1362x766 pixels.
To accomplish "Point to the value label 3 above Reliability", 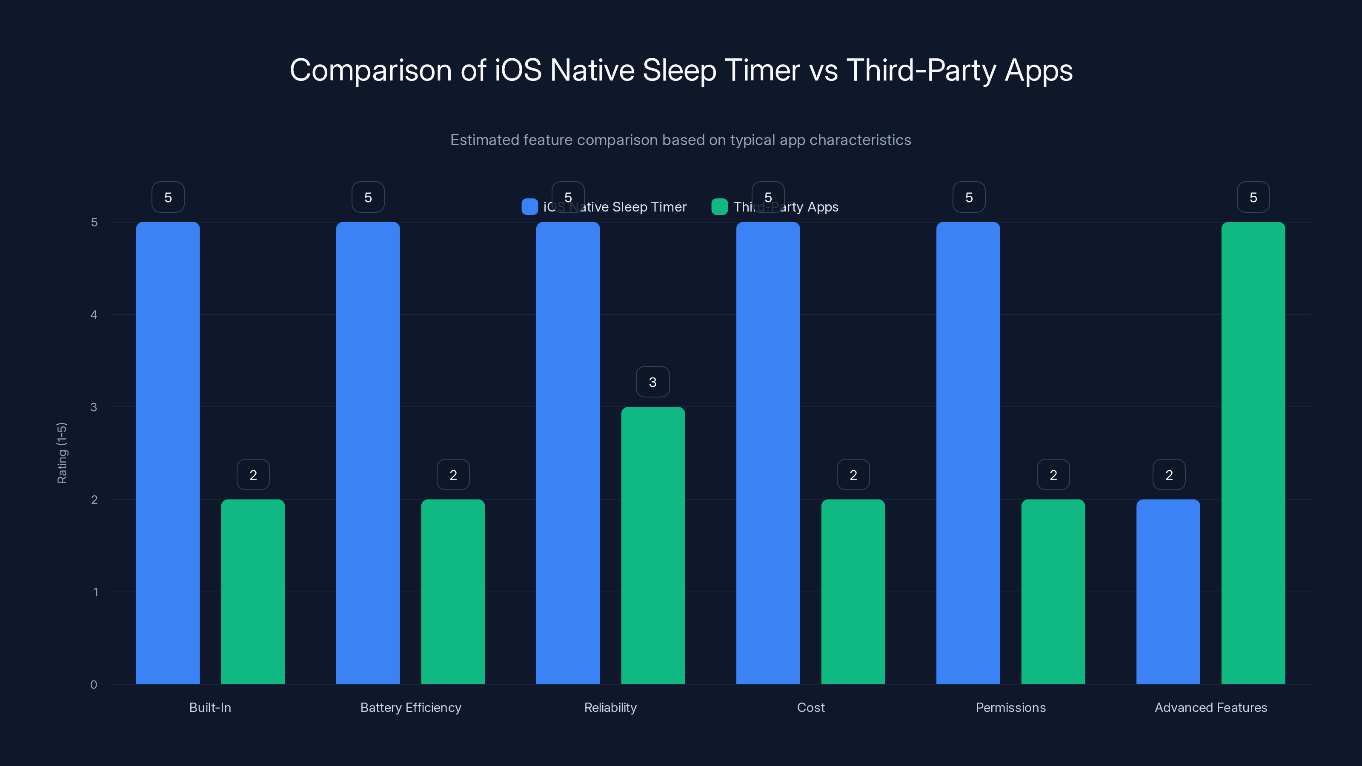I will pos(652,382).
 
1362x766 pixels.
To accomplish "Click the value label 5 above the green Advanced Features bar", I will pos(1253,197).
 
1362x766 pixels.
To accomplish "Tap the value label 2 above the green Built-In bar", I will pos(253,475).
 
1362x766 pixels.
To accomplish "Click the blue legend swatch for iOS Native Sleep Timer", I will pos(529,207).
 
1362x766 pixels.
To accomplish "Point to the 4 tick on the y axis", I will pos(94,315).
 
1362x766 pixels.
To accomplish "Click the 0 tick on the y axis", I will pos(94,685).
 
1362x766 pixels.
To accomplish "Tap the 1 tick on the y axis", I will pos(95,592).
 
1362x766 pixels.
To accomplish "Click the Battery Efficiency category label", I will pos(410,707).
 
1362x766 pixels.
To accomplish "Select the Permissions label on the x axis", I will pos(1010,707).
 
